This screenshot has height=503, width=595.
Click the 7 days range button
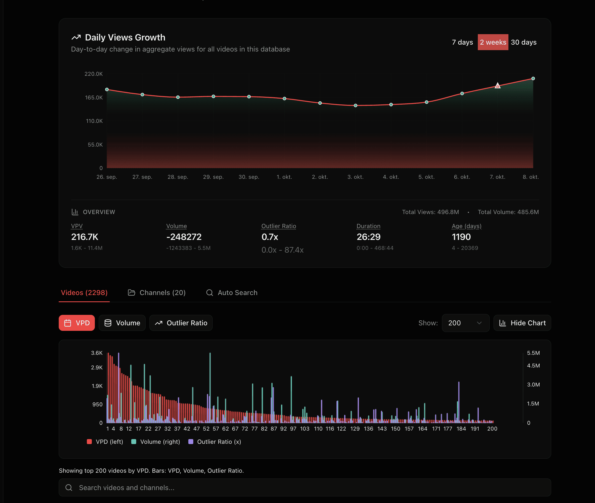click(462, 42)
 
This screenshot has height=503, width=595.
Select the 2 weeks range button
click(493, 42)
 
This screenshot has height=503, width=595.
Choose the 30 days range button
click(524, 42)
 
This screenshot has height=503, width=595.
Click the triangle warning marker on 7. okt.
click(497, 86)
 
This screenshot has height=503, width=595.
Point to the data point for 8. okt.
click(533, 79)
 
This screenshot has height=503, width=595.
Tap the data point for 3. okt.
click(355, 106)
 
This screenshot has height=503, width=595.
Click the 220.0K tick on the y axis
click(93, 74)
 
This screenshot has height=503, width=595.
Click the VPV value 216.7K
click(84, 237)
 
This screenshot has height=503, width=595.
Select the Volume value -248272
click(184, 237)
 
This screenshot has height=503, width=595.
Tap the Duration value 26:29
click(368, 237)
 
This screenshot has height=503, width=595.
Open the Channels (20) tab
click(157, 293)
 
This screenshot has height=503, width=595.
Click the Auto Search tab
click(232, 293)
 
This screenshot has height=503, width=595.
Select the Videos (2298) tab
click(84, 293)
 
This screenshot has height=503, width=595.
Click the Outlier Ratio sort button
click(181, 323)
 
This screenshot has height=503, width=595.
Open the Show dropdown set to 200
click(465, 323)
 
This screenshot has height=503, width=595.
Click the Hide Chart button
click(522, 323)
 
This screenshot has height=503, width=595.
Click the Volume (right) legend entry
click(156, 442)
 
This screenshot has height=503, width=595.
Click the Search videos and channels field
click(305, 488)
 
